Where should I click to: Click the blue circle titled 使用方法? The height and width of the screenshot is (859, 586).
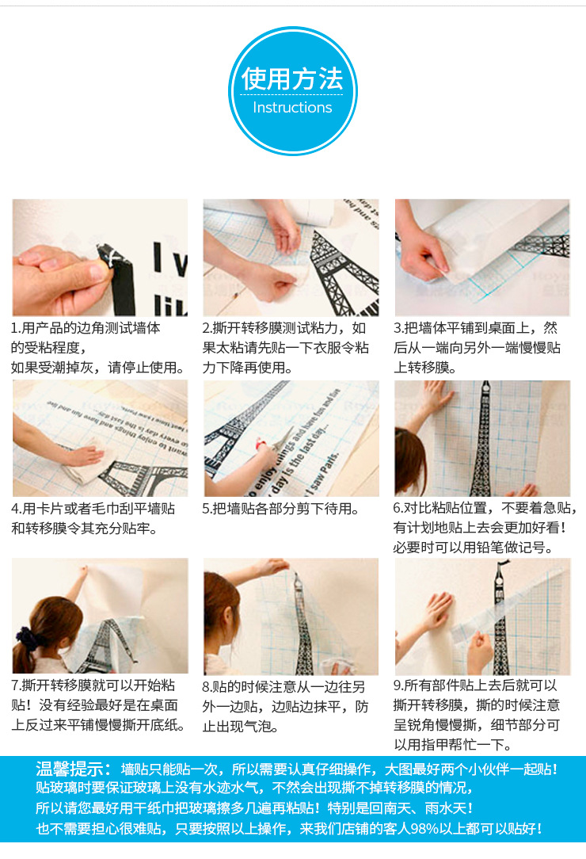293,91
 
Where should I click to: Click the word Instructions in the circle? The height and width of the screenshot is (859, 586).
293,108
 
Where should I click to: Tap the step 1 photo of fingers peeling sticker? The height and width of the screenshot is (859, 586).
100,258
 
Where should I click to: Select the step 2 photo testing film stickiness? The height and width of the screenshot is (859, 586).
291,258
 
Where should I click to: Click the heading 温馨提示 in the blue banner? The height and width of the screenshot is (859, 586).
73,769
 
